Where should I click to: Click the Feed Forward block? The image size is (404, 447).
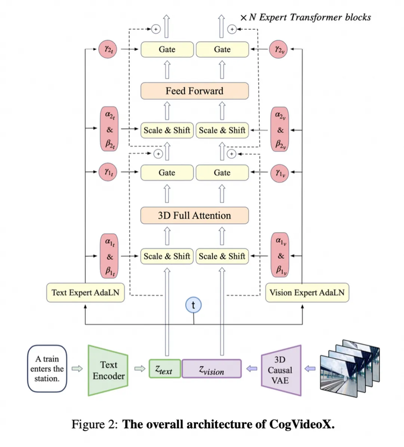[194, 91]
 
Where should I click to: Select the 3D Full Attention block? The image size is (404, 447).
[194, 215]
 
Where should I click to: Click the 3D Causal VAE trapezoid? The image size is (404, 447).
[281, 370]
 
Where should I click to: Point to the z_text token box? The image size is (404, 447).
[164, 370]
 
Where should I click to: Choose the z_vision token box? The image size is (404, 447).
[211, 370]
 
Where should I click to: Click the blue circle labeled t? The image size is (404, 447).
[194, 305]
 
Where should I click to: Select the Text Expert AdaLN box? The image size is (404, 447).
[85, 292]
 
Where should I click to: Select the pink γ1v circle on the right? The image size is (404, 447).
[280, 173]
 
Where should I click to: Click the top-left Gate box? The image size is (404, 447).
[167, 50]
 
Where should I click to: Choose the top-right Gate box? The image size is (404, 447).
[222, 50]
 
